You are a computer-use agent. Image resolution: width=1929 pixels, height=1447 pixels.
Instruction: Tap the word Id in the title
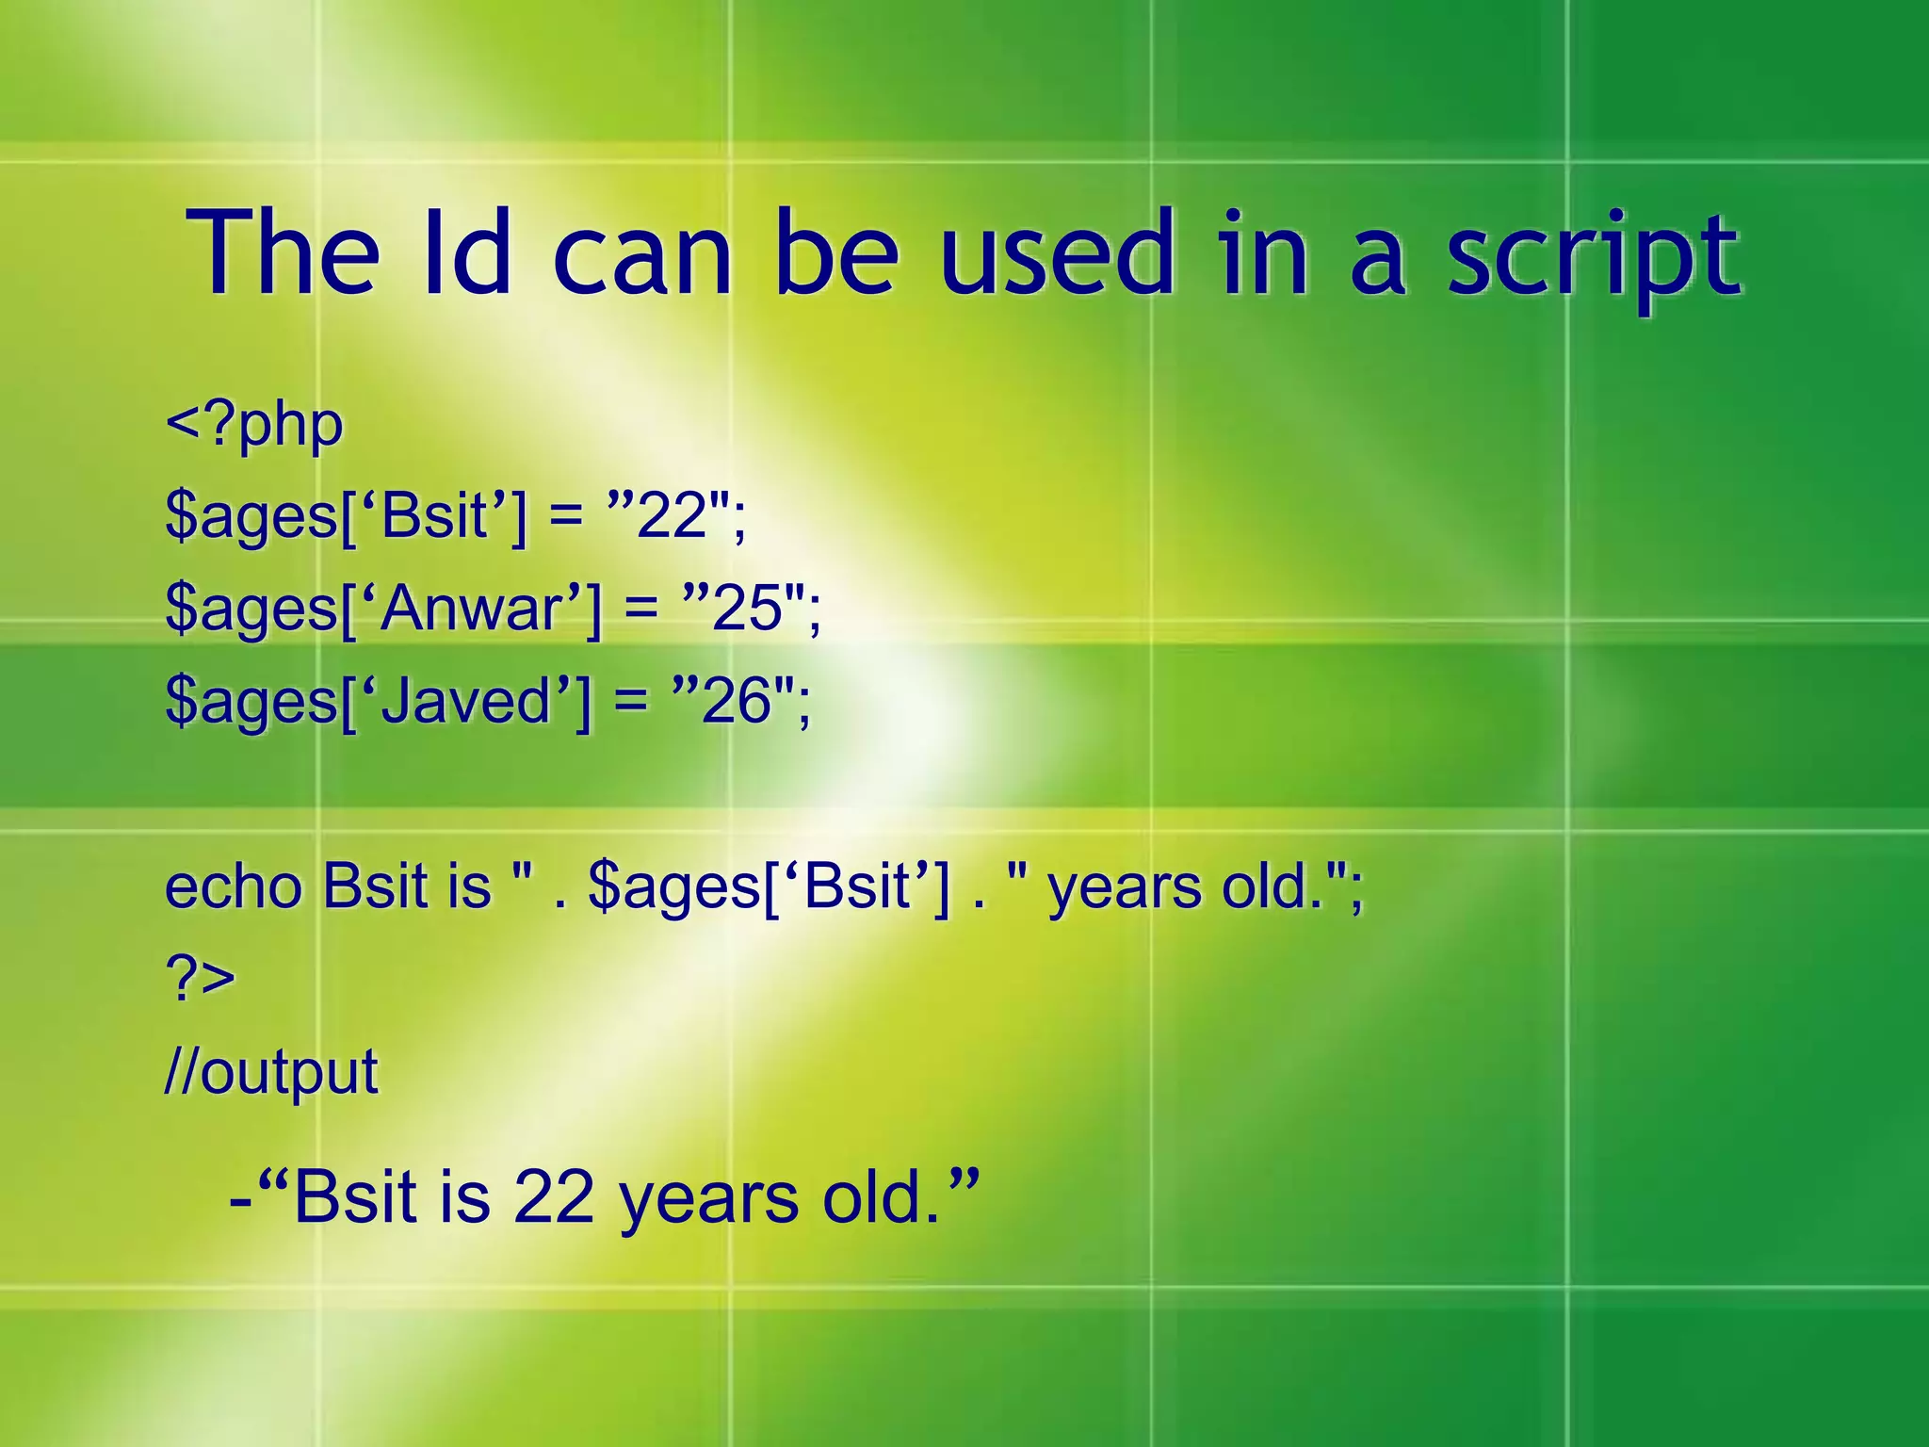tap(467, 252)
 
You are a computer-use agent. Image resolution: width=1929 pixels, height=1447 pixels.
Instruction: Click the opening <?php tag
tap(254, 426)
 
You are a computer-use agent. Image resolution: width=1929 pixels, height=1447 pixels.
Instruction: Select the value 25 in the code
tap(748, 609)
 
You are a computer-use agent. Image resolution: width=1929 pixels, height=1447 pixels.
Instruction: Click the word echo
tap(234, 886)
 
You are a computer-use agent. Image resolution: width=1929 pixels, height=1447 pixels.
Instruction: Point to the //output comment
tap(271, 1072)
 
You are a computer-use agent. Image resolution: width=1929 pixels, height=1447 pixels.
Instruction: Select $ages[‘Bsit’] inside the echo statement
tap(769, 888)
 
